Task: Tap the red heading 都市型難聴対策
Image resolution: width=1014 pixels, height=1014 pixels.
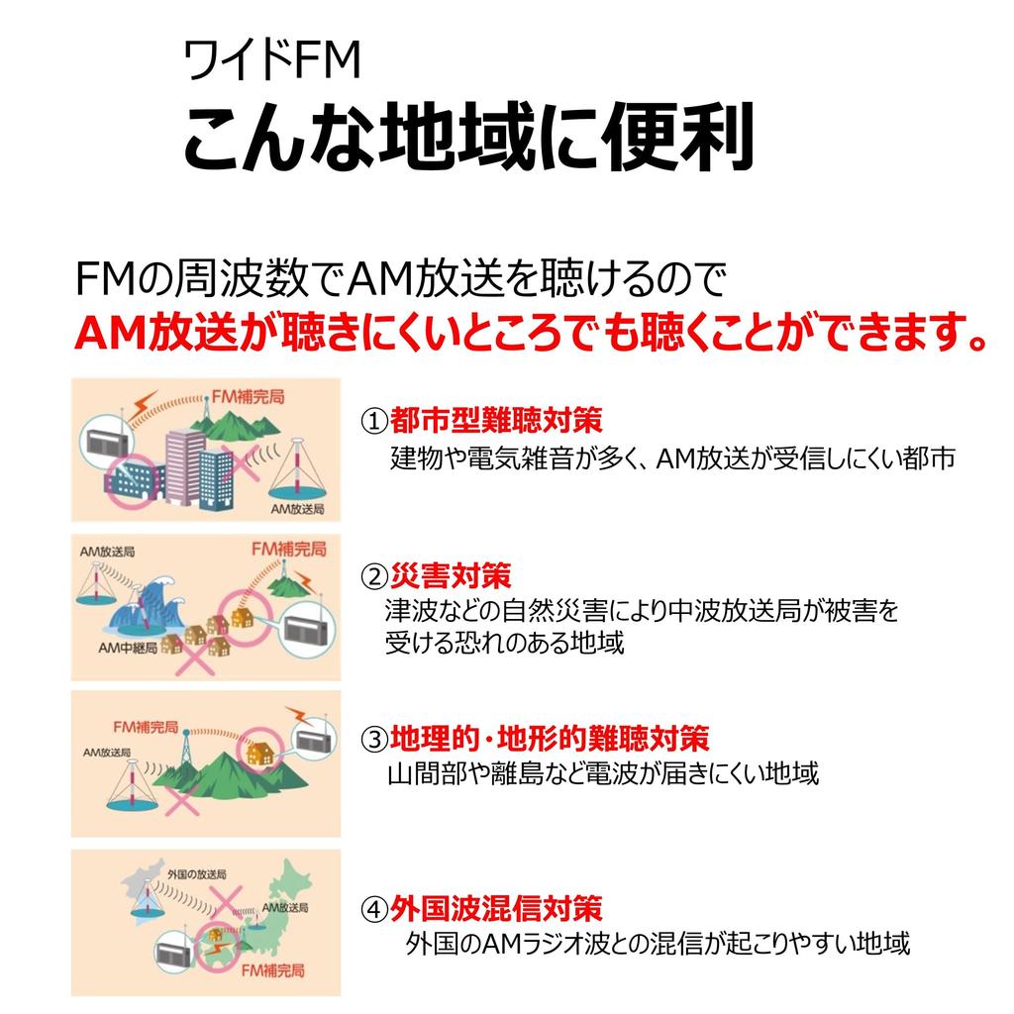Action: [496, 421]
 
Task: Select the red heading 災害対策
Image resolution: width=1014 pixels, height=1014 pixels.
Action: [451, 574]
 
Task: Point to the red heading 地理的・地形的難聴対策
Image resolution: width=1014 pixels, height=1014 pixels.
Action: [550, 738]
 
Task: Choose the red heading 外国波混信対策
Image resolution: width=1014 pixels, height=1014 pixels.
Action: [496, 907]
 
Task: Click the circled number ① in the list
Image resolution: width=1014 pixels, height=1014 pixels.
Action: [373, 422]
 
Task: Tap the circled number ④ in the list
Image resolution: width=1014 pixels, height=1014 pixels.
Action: [373, 908]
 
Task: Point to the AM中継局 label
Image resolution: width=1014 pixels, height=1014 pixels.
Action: [126, 648]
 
